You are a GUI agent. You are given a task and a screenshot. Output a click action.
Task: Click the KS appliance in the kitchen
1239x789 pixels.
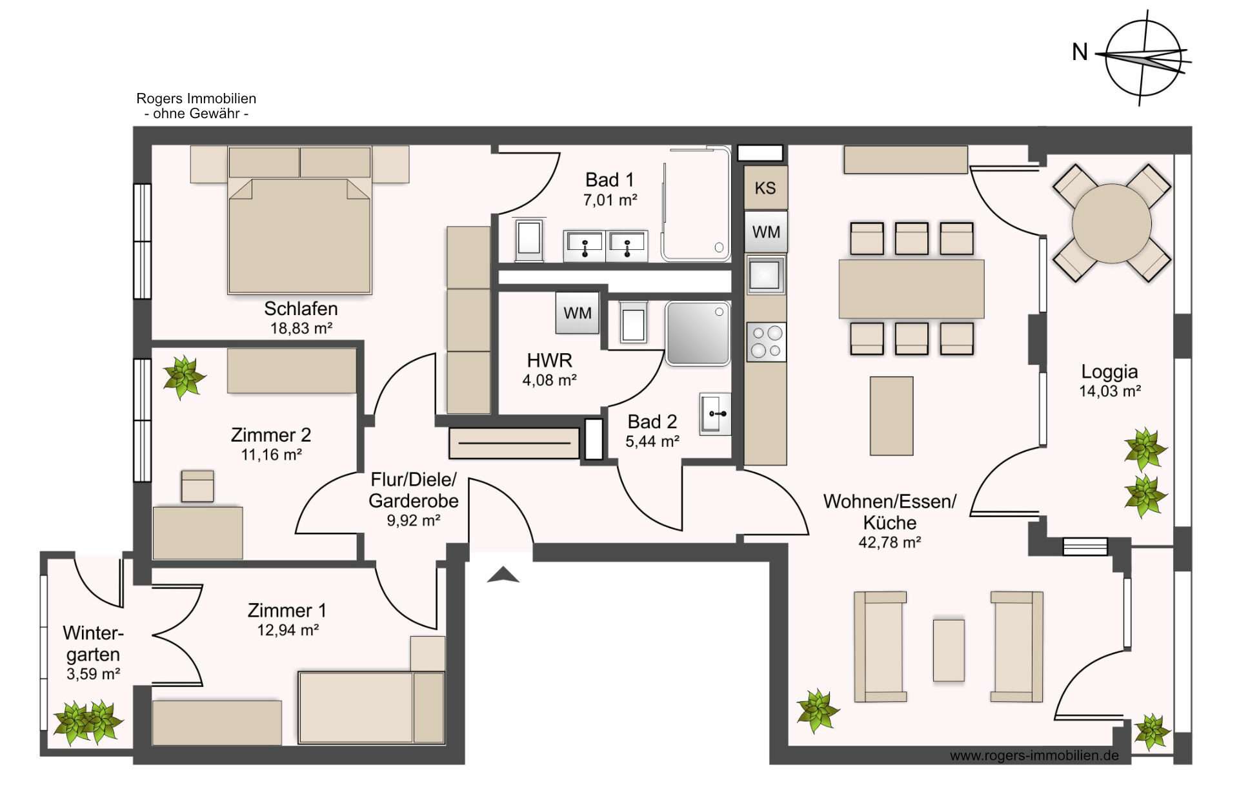pos(765,188)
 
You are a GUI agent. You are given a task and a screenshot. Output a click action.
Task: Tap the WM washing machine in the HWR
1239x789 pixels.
pos(578,313)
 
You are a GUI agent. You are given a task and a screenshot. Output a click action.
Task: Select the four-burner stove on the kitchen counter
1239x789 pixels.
pos(766,342)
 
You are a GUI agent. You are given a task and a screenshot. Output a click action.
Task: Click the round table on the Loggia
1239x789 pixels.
pos(1111,223)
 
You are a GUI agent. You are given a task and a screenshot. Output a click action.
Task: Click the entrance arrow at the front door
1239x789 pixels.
pos(503,575)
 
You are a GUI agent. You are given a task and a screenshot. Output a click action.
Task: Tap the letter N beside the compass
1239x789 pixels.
pos(1080,52)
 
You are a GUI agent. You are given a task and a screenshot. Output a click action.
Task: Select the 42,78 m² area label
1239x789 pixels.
pos(889,542)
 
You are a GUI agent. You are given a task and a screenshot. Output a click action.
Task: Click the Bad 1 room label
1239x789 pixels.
pos(610,179)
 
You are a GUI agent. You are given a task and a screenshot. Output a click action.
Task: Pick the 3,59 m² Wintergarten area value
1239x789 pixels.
pos(94,674)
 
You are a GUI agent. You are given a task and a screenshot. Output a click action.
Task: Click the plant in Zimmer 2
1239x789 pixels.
pos(185,376)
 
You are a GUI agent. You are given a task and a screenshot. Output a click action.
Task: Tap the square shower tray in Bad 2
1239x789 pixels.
pos(698,333)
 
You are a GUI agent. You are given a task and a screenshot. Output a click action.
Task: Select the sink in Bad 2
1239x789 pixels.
pos(715,413)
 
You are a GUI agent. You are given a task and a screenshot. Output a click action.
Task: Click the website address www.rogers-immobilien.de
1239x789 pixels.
pos(1034,755)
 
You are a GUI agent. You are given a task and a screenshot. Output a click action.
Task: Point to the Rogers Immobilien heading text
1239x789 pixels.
pos(196,99)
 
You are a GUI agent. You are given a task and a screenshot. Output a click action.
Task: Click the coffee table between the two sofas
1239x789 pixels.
pos(949,651)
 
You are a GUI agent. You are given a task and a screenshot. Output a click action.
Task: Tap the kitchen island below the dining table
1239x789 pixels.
pos(891,416)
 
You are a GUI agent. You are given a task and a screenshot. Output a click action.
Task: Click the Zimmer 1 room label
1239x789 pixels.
pos(287,610)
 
